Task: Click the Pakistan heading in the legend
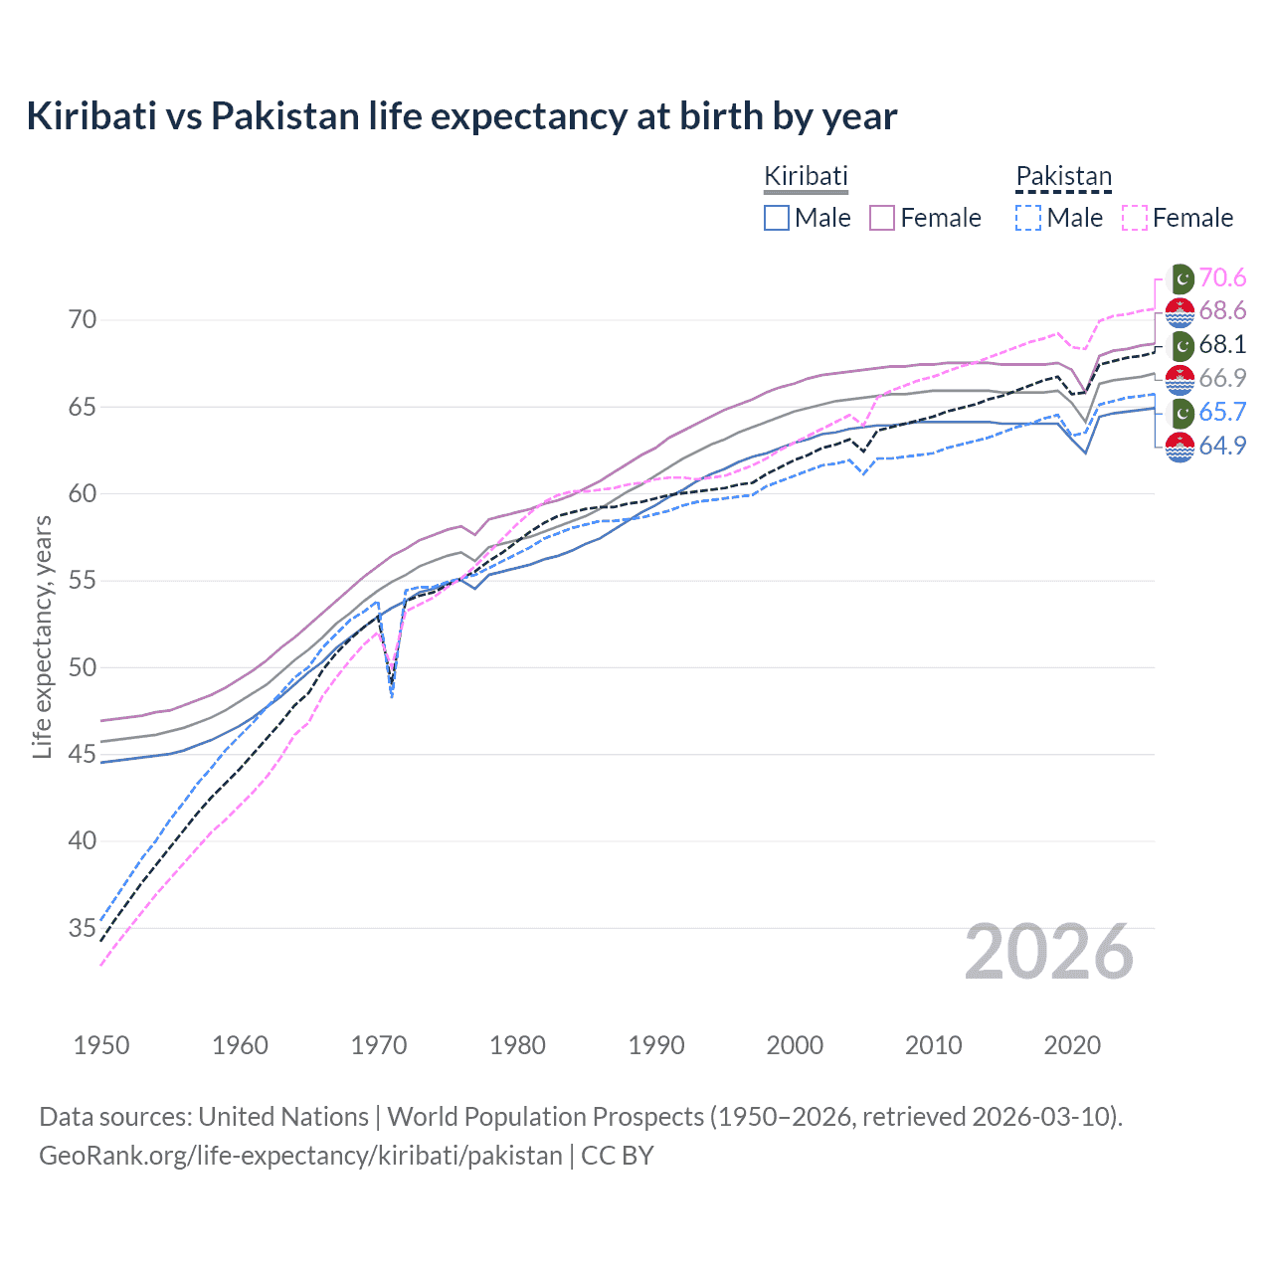click(1063, 177)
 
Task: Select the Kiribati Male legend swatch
click(777, 218)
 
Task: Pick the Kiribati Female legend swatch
click(882, 218)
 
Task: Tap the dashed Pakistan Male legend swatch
click(1028, 218)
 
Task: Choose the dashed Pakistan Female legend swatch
click(1134, 218)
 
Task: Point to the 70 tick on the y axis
click(83, 320)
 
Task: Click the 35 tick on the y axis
click(83, 929)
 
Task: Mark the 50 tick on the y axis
click(83, 667)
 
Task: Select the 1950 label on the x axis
click(101, 1045)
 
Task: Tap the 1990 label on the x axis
click(656, 1045)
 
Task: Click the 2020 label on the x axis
click(1072, 1045)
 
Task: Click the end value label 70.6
click(1222, 277)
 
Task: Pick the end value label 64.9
click(1222, 446)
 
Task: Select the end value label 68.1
click(1222, 345)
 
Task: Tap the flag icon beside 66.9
click(1180, 379)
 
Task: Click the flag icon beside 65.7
click(1180, 413)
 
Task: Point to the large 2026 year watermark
click(1049, 953)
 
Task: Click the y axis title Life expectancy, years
click(43, 636)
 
